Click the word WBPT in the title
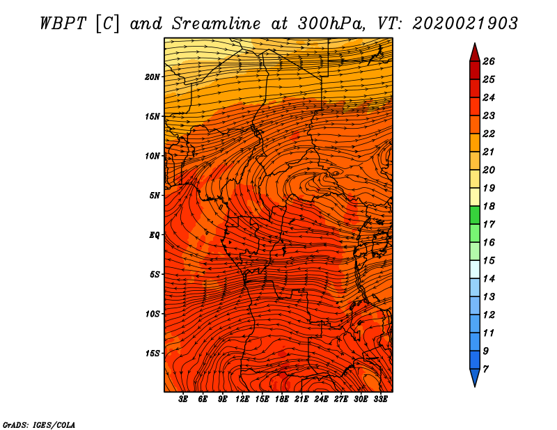tap(63, 24)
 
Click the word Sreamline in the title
tap(217, 24)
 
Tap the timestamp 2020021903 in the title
tap(465, 24)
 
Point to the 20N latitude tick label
tap(152, 77)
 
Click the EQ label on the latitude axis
tap(154, 235)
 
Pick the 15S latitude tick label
tap(152, 353)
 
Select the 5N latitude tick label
tap(155, 196)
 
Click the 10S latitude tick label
tap(152, 314)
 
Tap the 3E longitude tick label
tap(183, 399)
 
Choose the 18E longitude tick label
tap(282, 399)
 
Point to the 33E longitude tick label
tap(380, 399)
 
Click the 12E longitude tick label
tap(242, 399)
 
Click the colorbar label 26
tap(489, 61)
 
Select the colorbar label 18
tap(489, 206)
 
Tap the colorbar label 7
tap(485, 369)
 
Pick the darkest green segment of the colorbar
tap(475, 215)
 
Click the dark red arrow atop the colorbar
tap(475, 53)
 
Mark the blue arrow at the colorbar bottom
tap(475, 378)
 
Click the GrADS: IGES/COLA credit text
tap(39, 424)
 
